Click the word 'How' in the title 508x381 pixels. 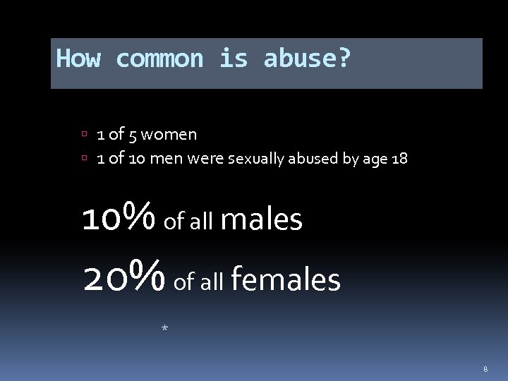click(x=78, y=59)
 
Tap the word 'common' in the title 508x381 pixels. click(x=159, y=59)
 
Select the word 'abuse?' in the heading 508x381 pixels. click(x=307, y=59)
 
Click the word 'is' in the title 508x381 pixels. click(x=233, y=59)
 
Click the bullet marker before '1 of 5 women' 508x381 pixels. click(x=84, y=134)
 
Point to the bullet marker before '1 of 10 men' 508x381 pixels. click(x=84, y=159)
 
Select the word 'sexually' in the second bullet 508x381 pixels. click(x=246, y=159)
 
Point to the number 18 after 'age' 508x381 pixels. click(x=399, y=159)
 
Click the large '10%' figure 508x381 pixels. click(x=119, y=218)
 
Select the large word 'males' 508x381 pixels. click(x=262, y=219)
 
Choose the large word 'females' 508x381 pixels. click(x=285, y=280)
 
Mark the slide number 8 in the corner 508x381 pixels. click(x=485, y=368)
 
